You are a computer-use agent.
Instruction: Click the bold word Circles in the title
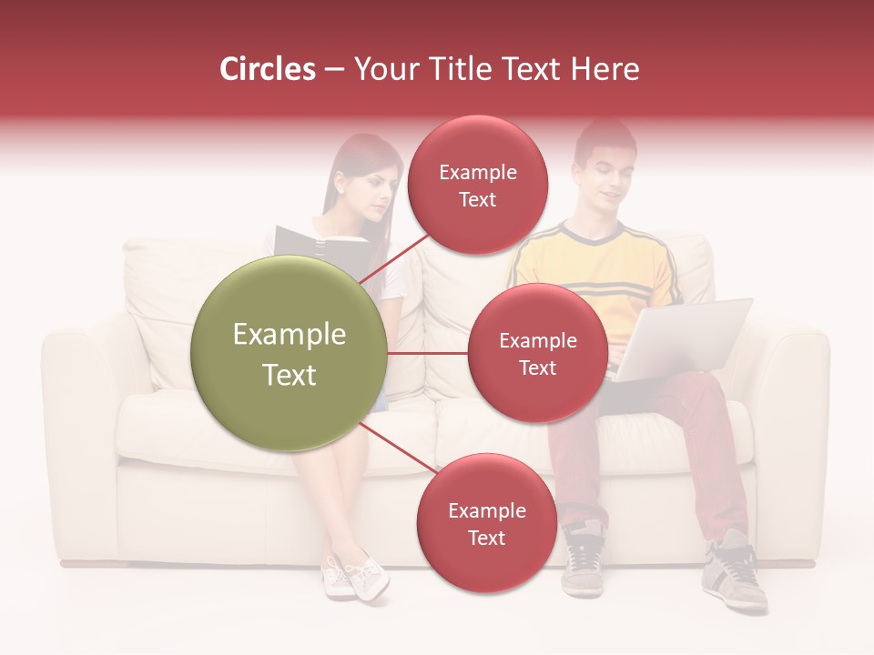click(x=267, y=69)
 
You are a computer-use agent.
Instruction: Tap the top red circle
click(x=477, y=185)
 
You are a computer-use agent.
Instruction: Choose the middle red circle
click(x=537, y=353)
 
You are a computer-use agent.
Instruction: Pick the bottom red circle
click(x=486, y=523)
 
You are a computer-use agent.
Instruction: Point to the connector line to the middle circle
click(x=428, y=353)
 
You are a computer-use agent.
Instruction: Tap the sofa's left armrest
click(x=82, y=391)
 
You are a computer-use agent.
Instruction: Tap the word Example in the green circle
click(x=290, y=335)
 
